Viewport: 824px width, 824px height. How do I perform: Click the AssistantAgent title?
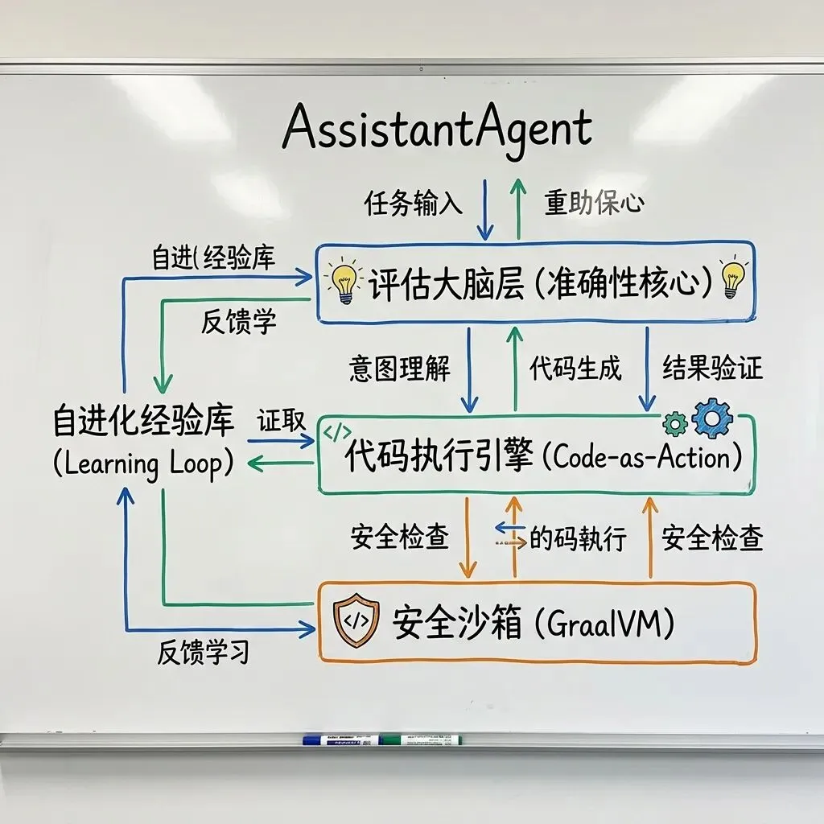[x=437, y=129]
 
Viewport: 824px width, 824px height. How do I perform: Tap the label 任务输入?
[x=414, y=204]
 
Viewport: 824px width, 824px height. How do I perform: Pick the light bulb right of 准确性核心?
[x=733, y=278]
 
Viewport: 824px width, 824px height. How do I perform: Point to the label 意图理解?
[x=399, y=369]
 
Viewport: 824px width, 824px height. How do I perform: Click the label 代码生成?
[x=575, y=369]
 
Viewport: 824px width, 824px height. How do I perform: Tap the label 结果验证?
[x=712, y=369]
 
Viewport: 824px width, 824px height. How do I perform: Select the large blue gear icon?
[x=712, y=418]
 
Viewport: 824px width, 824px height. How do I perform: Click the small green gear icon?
[x=674, y=423]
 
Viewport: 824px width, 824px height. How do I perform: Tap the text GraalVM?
[x=611, y=624]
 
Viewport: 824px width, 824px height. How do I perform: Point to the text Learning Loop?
[x=142, y=464]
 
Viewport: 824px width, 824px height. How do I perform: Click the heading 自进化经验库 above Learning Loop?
[x=143, y=421]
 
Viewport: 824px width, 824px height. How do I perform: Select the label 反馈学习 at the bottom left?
[x=203, y=653]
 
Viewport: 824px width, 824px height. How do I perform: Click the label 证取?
[x=281, y=421]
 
